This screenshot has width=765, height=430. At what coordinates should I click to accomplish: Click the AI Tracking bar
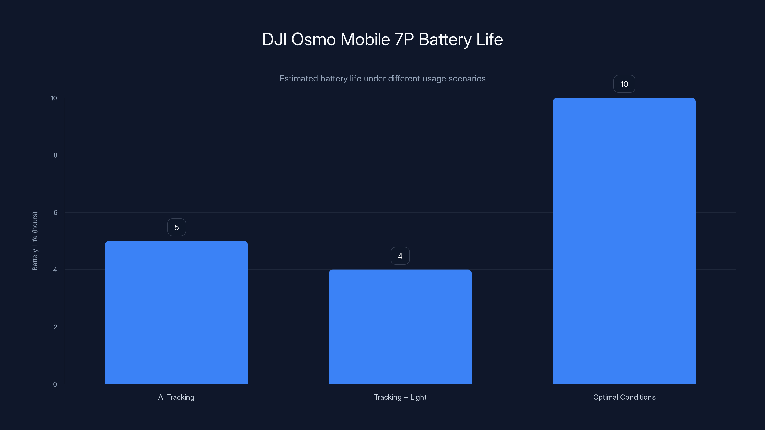point(176,312)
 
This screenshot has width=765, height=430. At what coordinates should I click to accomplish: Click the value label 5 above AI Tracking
point(176,227)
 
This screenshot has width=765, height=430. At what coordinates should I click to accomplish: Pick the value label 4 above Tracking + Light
point(400,256)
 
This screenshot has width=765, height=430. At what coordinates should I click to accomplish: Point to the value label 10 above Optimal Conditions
point(624,84)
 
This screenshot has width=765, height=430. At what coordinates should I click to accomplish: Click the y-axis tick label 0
point(55,384)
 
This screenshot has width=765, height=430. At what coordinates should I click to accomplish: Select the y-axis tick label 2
point(55,327)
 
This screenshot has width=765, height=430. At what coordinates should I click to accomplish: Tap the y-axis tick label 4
point(55,270)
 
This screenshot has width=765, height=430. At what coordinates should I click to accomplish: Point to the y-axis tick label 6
point(55,212)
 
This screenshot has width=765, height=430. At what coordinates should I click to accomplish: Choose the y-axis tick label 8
point(55,155)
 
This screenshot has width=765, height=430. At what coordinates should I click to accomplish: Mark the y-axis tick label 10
point(54,98)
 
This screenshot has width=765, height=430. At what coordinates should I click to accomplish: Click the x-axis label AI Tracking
point(176,397)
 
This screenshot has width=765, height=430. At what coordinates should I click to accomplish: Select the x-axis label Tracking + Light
point(400,397)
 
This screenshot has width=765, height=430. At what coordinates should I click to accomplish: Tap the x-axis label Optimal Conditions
point(624,397)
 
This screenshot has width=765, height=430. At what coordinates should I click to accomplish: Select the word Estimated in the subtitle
point(298,78)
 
